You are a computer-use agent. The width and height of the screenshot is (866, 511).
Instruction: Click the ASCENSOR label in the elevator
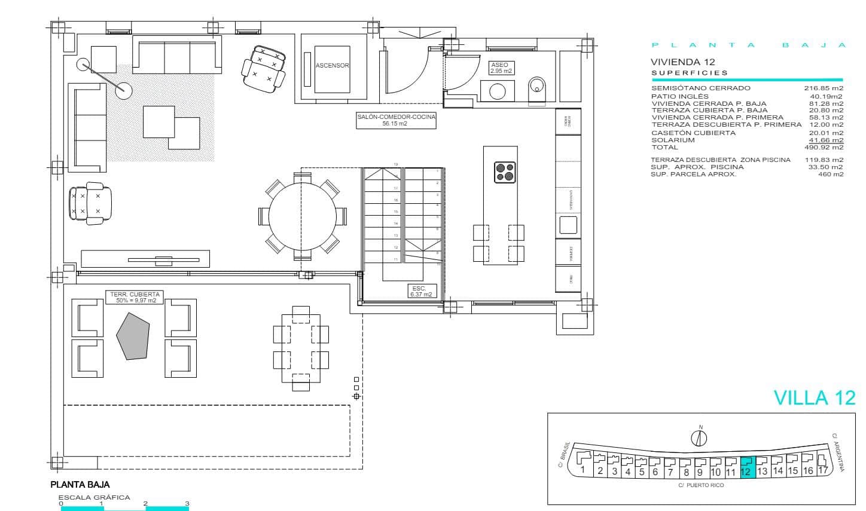[333, 66]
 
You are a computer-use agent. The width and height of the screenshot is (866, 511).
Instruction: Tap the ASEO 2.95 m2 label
[499, 68]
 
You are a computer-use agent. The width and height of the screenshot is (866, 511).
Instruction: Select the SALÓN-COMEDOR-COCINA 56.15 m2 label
[396, 121]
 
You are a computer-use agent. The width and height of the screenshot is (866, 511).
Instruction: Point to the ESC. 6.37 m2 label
[420, 291]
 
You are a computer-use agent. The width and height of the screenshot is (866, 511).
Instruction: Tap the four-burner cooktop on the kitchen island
[505, 172]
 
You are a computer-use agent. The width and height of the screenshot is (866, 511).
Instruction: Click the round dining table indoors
[302, 216]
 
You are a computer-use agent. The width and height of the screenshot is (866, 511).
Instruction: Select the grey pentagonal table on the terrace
[132, 335]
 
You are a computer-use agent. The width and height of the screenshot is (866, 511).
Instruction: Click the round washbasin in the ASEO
[498, 91]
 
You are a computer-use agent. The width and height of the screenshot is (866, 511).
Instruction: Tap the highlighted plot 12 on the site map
[748, 465]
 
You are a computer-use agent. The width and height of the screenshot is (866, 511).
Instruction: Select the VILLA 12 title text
[814, 398]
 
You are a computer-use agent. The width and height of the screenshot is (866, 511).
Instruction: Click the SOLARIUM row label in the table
[673, 140]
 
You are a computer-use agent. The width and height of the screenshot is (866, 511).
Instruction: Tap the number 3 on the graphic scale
[187, 503]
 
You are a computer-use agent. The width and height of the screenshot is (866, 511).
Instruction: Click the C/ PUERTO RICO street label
[701, 485]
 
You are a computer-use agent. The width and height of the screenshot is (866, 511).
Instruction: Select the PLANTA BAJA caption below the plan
[80, 485]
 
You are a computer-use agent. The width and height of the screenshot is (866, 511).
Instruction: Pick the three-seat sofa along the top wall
[177, 57]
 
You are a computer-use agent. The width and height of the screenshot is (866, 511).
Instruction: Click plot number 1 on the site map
[582, 470]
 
